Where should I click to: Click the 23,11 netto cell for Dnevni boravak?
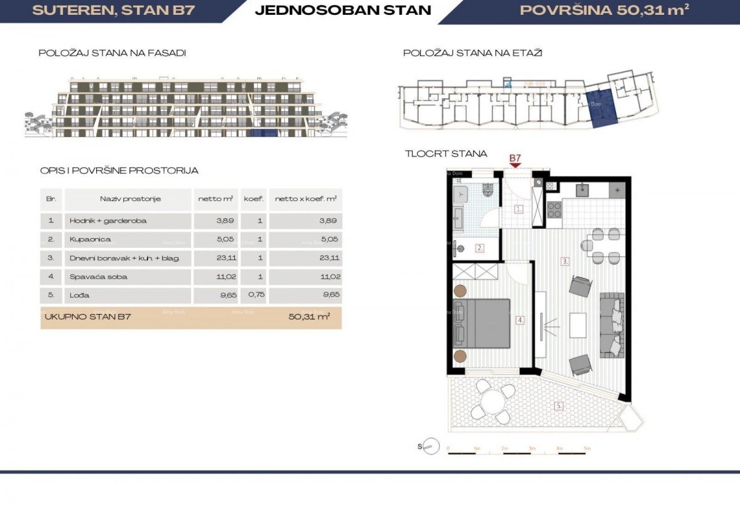coord(215,258)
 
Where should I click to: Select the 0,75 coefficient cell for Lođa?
coord(252,295)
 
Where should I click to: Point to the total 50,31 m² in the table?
coord(308,317)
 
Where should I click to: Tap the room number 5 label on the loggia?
coord(559,406)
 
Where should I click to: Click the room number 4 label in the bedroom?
coord(520,320)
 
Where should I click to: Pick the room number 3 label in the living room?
coord(565,261)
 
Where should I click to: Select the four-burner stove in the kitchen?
coord(554,211)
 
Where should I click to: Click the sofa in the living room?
coord(613,324)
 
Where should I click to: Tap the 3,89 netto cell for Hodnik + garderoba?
coord(215,220)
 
